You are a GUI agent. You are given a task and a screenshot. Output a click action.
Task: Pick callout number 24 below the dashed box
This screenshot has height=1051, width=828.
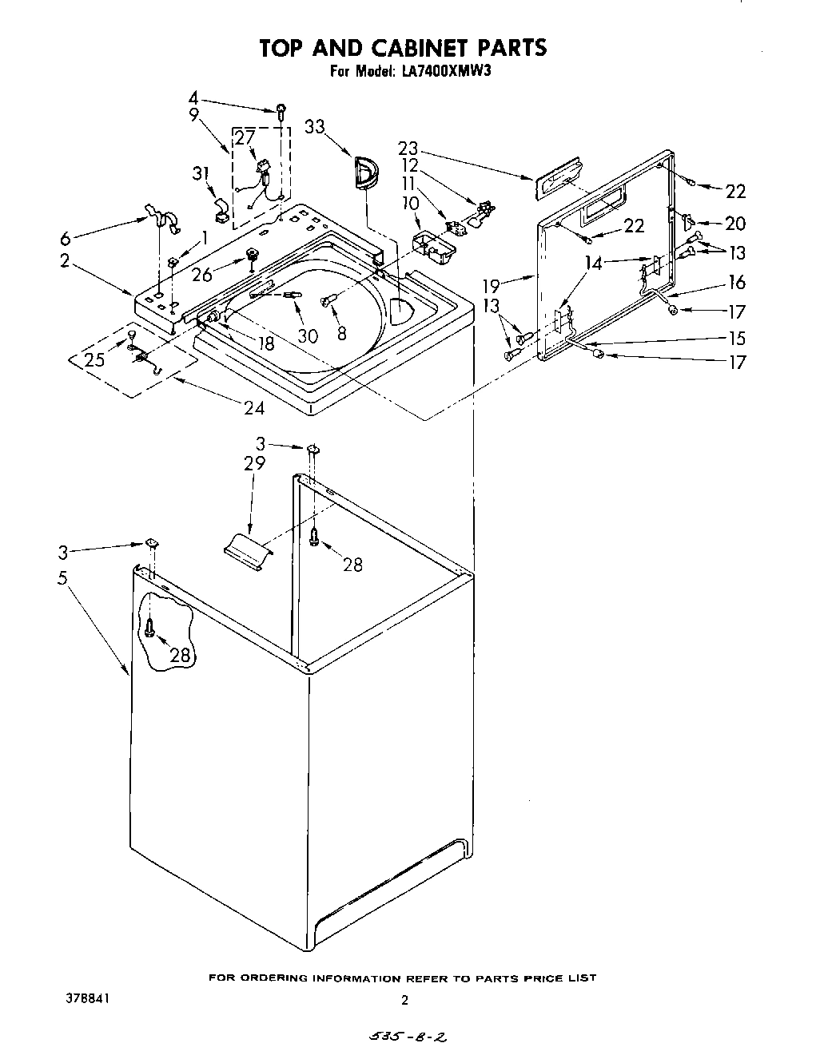click(253, 407)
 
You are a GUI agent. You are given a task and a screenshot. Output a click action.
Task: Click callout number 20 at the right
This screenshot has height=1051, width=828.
click(735, 224)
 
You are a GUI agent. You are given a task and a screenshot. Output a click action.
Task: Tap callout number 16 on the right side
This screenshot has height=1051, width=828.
click(736, 282)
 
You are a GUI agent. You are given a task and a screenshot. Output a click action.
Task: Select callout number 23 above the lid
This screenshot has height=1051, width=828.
click(408, 148)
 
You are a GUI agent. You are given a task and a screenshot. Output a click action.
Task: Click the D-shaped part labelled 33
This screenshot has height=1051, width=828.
click(364, 173)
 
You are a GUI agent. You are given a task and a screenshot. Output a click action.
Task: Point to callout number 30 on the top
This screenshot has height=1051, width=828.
click(308, 335)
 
